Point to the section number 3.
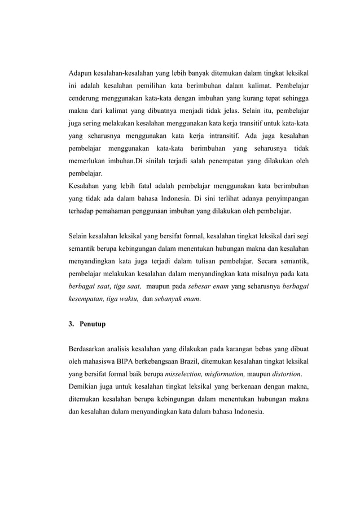point(71,325)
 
